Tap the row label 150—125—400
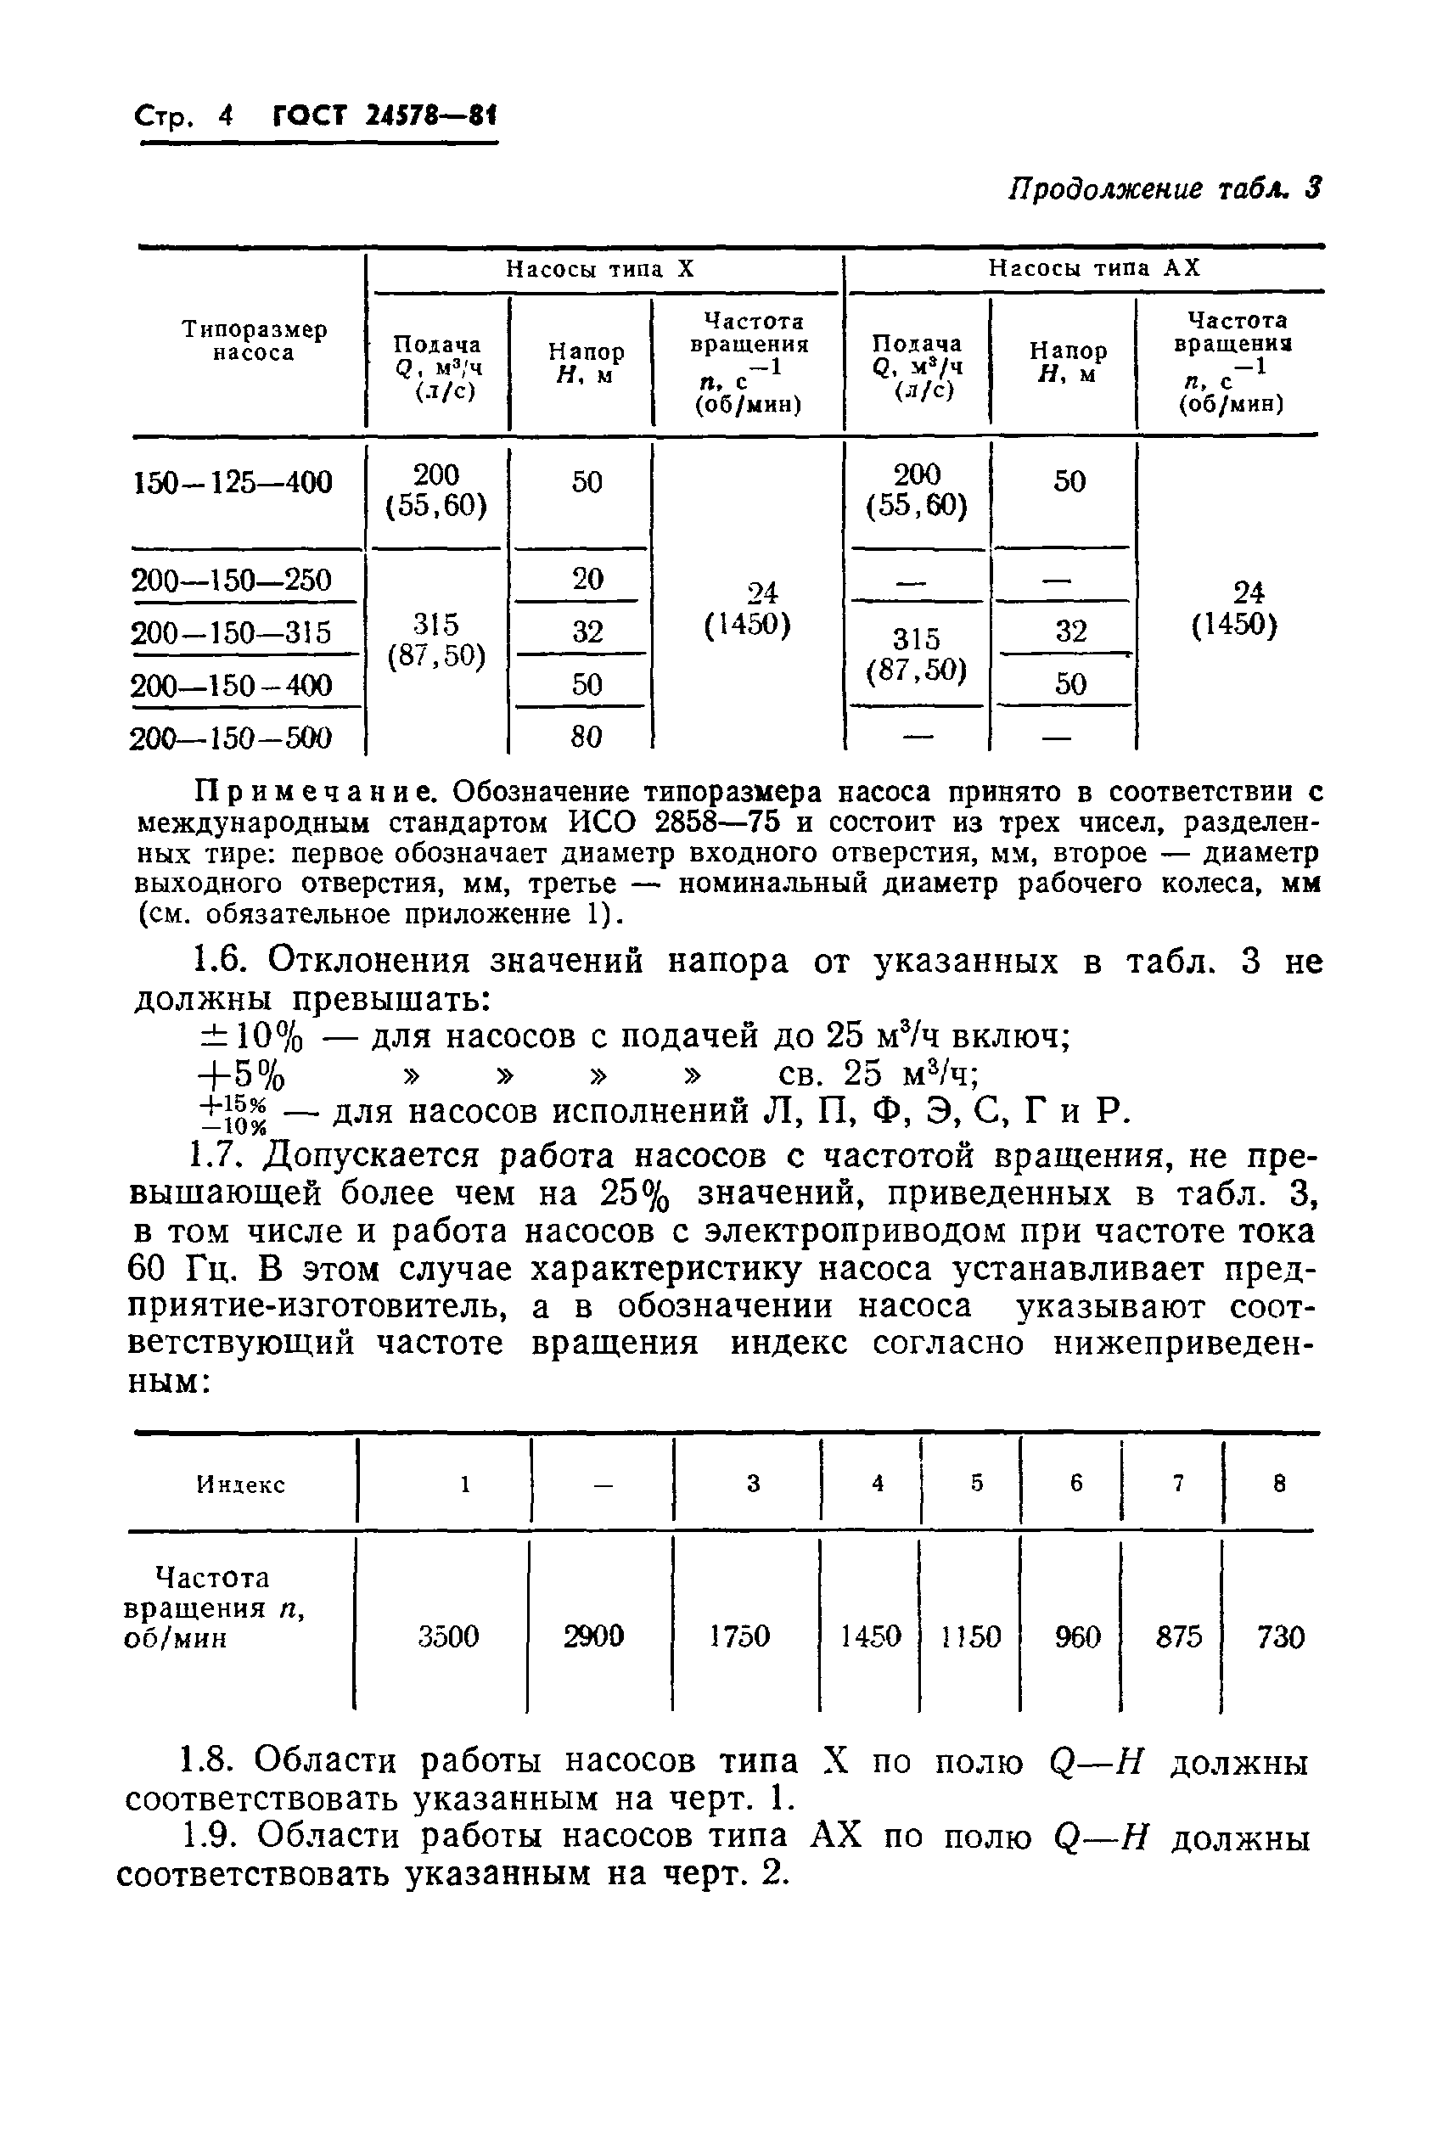point(233,482)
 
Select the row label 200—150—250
point(232,581)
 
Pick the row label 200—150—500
point(232,738)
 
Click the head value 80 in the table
point(586,738)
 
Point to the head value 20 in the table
point(587,579)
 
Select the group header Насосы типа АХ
point(1093,268)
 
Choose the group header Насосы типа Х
point(599,269)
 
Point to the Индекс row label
point(240,1484)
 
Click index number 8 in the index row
point(1280,1484)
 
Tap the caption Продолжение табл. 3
point(1164,189)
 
